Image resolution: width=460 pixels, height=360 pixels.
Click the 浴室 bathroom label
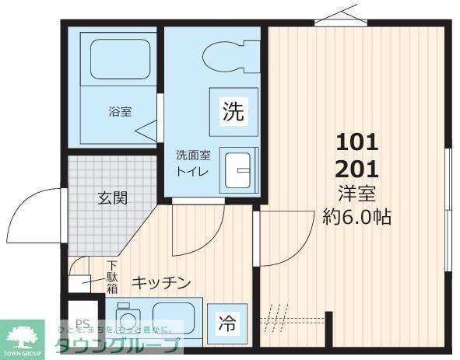[119, 111]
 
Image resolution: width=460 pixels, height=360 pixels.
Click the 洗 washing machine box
[233, 111]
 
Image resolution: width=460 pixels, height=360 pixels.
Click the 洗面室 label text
[191, 154]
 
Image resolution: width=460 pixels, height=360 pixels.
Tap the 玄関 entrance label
[112, 197]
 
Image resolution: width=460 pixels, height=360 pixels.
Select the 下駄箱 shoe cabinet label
[113, 278]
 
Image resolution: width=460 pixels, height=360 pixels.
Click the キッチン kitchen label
[160, 283]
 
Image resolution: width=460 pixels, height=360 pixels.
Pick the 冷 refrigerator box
[226, 321]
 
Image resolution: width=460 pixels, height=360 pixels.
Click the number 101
[356, 142]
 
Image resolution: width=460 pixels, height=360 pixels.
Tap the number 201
[356, 168]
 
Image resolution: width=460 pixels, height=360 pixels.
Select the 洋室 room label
[356, 193]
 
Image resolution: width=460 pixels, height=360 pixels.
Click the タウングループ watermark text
[117, 347]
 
